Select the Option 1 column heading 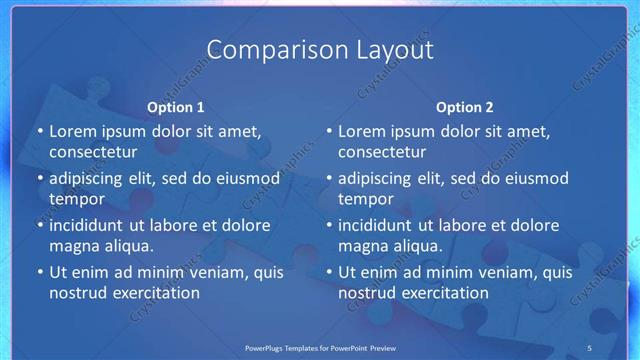pos(176,107)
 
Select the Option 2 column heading pos(465,107)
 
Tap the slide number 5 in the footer pos(589,347)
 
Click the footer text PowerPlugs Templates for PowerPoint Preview pos(319,347)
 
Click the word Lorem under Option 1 pos(73,131)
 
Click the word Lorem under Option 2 pos(362,131)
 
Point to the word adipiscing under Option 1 pos(91,178)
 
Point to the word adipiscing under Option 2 pos(380,178)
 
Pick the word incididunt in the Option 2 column pos(381,225)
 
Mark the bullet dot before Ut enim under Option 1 pos(39,272)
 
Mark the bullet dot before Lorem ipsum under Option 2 pos(328,131)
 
